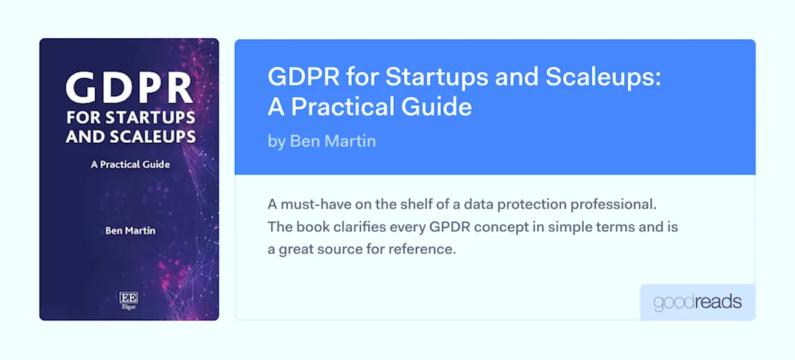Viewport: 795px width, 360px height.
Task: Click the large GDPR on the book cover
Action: point(129,88)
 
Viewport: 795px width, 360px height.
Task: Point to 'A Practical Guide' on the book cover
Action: point(130,165)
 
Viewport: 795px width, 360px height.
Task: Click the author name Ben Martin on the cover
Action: point(130,230)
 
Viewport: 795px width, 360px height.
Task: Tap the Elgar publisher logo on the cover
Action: point(129,300)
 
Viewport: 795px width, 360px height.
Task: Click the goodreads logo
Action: point(697,303)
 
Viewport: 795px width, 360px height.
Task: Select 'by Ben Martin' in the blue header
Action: point(322,141)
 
